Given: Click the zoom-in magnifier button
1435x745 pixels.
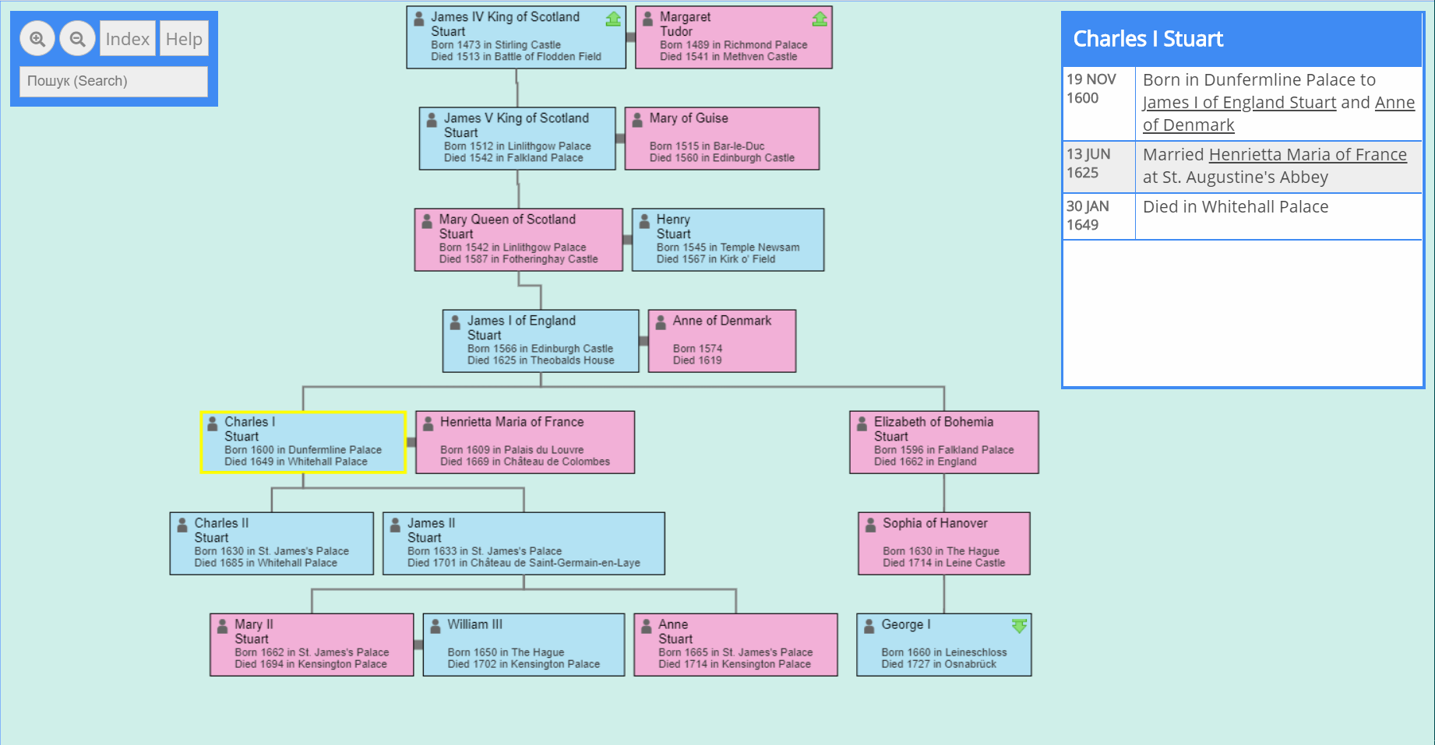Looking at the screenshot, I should click(x=37, y=39).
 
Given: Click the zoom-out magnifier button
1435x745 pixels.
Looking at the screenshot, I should click(x=78, y=39).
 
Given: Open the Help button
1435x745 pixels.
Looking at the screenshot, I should click(x=184, y=39).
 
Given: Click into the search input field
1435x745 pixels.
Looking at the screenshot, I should click(x=114, y=81).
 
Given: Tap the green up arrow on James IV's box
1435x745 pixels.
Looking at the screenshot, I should click(x=613, y=19).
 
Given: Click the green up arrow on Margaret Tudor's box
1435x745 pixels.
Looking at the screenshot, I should click(x=820, y=19).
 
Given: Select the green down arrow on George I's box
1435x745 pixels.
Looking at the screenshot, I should click(x=1019, y=626).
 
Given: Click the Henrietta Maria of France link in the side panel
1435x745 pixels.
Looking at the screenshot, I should click(x=1307, y=155).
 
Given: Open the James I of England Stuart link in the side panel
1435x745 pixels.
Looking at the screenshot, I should click(x=1239, y=103).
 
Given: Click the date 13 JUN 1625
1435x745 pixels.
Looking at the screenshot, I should click(x=1088, y=163).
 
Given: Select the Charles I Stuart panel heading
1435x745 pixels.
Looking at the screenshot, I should click(x=1148, y=39).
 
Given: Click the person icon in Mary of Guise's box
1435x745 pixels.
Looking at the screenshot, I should click(x=637, y=119).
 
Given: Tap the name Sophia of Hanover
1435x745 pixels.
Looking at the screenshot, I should click(x=935, y=523).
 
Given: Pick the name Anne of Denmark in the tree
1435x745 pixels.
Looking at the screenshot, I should click(x=721, y=321).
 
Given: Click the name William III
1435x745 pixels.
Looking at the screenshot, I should click(x=474, y=624).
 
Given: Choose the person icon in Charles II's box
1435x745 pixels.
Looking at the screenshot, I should click(x=182, y=525).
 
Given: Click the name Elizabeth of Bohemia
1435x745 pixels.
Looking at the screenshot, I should click(x=933, y=422).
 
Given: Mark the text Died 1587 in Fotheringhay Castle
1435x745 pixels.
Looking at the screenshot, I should click(x=518, y=259).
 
